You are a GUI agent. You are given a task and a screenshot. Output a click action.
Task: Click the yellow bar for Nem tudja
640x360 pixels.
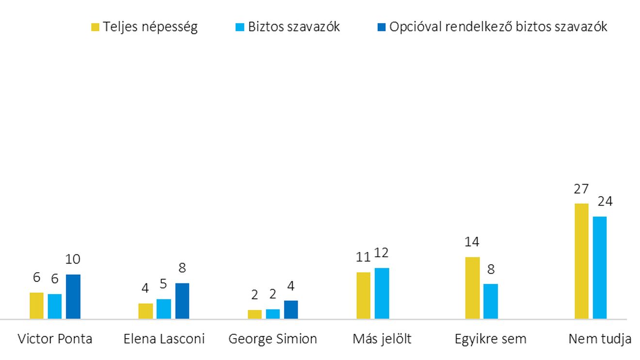(581, 261)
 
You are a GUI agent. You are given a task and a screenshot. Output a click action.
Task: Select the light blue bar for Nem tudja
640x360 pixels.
(600, 267)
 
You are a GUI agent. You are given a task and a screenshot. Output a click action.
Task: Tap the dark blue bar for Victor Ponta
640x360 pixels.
(73, 297)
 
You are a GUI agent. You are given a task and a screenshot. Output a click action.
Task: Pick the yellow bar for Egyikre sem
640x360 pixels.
(472, 288)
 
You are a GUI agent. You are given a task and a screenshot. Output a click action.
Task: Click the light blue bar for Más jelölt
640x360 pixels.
(382, 293)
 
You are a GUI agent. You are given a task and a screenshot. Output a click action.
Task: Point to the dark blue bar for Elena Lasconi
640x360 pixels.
(182, 301)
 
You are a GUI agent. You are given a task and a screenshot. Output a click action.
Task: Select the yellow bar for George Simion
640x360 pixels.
(255, 314)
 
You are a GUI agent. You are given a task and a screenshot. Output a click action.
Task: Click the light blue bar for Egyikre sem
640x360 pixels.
(491, 301)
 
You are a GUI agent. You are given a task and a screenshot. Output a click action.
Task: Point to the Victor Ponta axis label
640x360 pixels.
(55, 339)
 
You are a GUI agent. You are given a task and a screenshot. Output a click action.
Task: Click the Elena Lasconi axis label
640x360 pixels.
(164, 339)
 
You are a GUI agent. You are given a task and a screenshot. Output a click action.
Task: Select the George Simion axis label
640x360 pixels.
(273, 339)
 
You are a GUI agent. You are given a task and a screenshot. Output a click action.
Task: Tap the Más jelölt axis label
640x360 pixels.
(382, 339)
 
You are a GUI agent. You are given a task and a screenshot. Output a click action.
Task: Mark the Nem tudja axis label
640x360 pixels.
(600, 339)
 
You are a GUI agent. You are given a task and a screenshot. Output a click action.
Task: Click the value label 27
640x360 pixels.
(581, 188)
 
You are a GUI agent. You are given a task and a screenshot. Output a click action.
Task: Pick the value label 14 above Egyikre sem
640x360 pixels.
(472, 242)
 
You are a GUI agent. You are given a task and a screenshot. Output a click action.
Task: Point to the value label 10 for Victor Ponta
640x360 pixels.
(73, 259)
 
